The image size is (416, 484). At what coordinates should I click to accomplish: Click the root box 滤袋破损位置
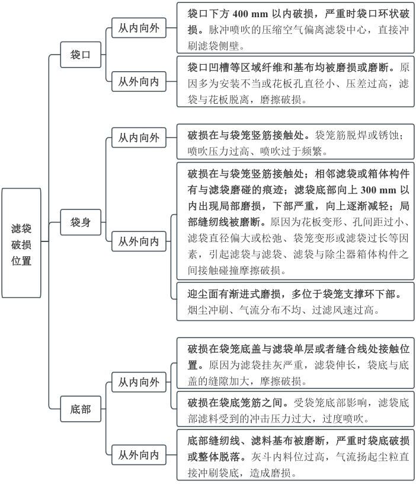pos(21,243)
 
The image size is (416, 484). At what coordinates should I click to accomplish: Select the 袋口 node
pos(81,55)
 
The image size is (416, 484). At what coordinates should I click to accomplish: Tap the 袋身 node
pos(81,223)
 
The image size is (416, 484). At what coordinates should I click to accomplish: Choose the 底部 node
pos(81,409)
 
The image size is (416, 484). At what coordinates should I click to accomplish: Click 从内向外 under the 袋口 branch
pos(138,28)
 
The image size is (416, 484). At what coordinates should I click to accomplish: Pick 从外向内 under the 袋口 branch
pos(138,82)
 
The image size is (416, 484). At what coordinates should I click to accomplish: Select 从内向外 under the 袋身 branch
pos(138,138)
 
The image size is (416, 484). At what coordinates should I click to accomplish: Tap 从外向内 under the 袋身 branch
pos(138,241)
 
